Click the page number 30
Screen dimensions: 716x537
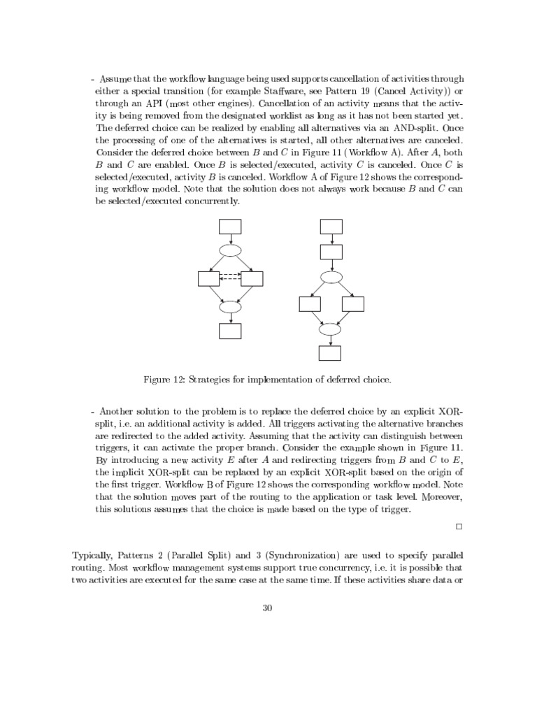(x=266, y=608)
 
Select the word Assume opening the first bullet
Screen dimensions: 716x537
(x=118, y=79)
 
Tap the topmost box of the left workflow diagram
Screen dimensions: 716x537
(x=230, y=226)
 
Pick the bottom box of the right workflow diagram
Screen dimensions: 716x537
(x=331, y=353)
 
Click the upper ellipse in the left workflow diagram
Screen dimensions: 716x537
(x=230, y=250)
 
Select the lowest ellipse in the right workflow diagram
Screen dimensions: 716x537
(x=331, y=329)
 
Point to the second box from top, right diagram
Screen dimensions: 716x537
(x=331, y=252)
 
